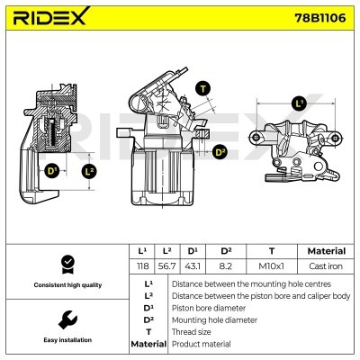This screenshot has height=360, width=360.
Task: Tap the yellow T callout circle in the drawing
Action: click(x=202, y=88)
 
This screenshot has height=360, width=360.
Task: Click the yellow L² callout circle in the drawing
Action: click(x=88, y=170)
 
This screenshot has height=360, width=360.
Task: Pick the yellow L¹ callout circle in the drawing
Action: click(x=300, y=104)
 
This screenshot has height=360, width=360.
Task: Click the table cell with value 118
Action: click(x=142, y=267)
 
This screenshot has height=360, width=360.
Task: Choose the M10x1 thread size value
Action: click(x=271, y=267)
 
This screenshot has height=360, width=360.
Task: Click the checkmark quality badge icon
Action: click(x=65, y=265)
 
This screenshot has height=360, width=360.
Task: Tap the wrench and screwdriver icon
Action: click(x=65, y=319)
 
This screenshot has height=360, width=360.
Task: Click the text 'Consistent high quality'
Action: click(x=65, y=285)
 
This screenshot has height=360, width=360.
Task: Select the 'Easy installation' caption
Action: click(x=65, y=340)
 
